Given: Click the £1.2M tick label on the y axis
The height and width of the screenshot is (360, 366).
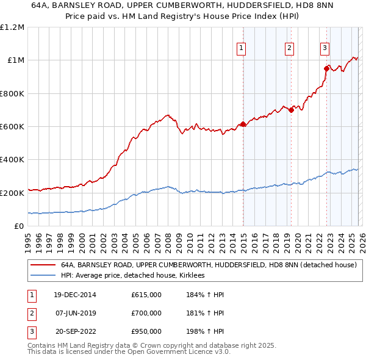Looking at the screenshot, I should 12,27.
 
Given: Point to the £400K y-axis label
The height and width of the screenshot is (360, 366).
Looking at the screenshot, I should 12,160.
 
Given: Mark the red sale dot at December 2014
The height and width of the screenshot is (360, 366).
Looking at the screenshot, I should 243,124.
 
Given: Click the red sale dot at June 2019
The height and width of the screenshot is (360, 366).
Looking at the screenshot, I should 291,110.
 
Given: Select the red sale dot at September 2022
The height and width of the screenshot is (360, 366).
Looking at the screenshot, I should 326,69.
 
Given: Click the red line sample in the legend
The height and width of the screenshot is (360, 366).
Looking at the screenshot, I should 43,265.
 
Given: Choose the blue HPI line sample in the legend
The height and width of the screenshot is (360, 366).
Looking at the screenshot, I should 43,276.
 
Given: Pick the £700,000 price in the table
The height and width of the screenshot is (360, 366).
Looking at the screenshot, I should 146,313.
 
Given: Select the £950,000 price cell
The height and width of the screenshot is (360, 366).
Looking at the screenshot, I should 146,331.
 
